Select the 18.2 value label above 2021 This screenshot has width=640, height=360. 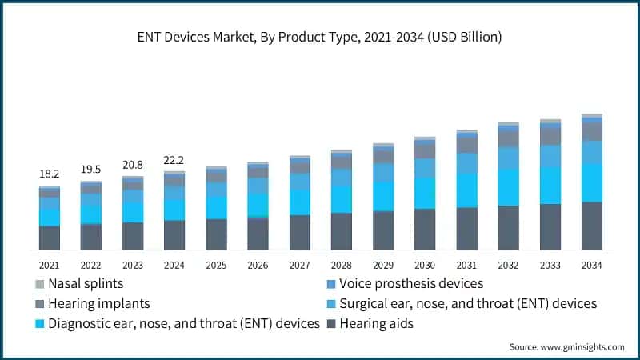point(49,174)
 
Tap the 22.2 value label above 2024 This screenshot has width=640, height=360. point(174,160)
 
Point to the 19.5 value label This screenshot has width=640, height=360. point(90,169)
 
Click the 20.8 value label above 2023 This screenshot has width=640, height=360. point(132,164)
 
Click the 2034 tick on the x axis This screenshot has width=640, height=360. point(591,265)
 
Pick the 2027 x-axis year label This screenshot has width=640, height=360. point(299,265)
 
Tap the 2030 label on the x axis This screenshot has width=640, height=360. point(424,265)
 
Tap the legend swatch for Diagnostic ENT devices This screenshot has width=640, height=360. point(39,323)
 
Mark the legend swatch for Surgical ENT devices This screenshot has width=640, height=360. point(330,303)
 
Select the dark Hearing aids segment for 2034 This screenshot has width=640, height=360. point(591,226)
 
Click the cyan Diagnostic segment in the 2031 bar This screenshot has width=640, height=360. point(466,190)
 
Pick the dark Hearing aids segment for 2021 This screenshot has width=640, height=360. point(49,238)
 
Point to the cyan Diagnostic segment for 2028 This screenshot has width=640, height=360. point(341,199)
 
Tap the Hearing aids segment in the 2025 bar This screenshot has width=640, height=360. point(216,234)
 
